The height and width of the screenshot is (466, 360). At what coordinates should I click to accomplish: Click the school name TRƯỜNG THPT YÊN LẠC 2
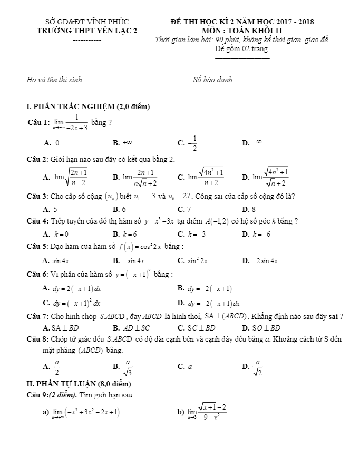pos(87,31)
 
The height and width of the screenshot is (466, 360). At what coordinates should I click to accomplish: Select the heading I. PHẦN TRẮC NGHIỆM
pos(88,107)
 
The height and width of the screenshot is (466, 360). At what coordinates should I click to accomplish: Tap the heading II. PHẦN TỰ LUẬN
pos(79,383)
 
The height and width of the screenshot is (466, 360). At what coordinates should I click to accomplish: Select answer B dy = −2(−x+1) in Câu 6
pos(209,289)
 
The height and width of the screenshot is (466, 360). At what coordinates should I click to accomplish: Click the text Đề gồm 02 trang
pos(242,48)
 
